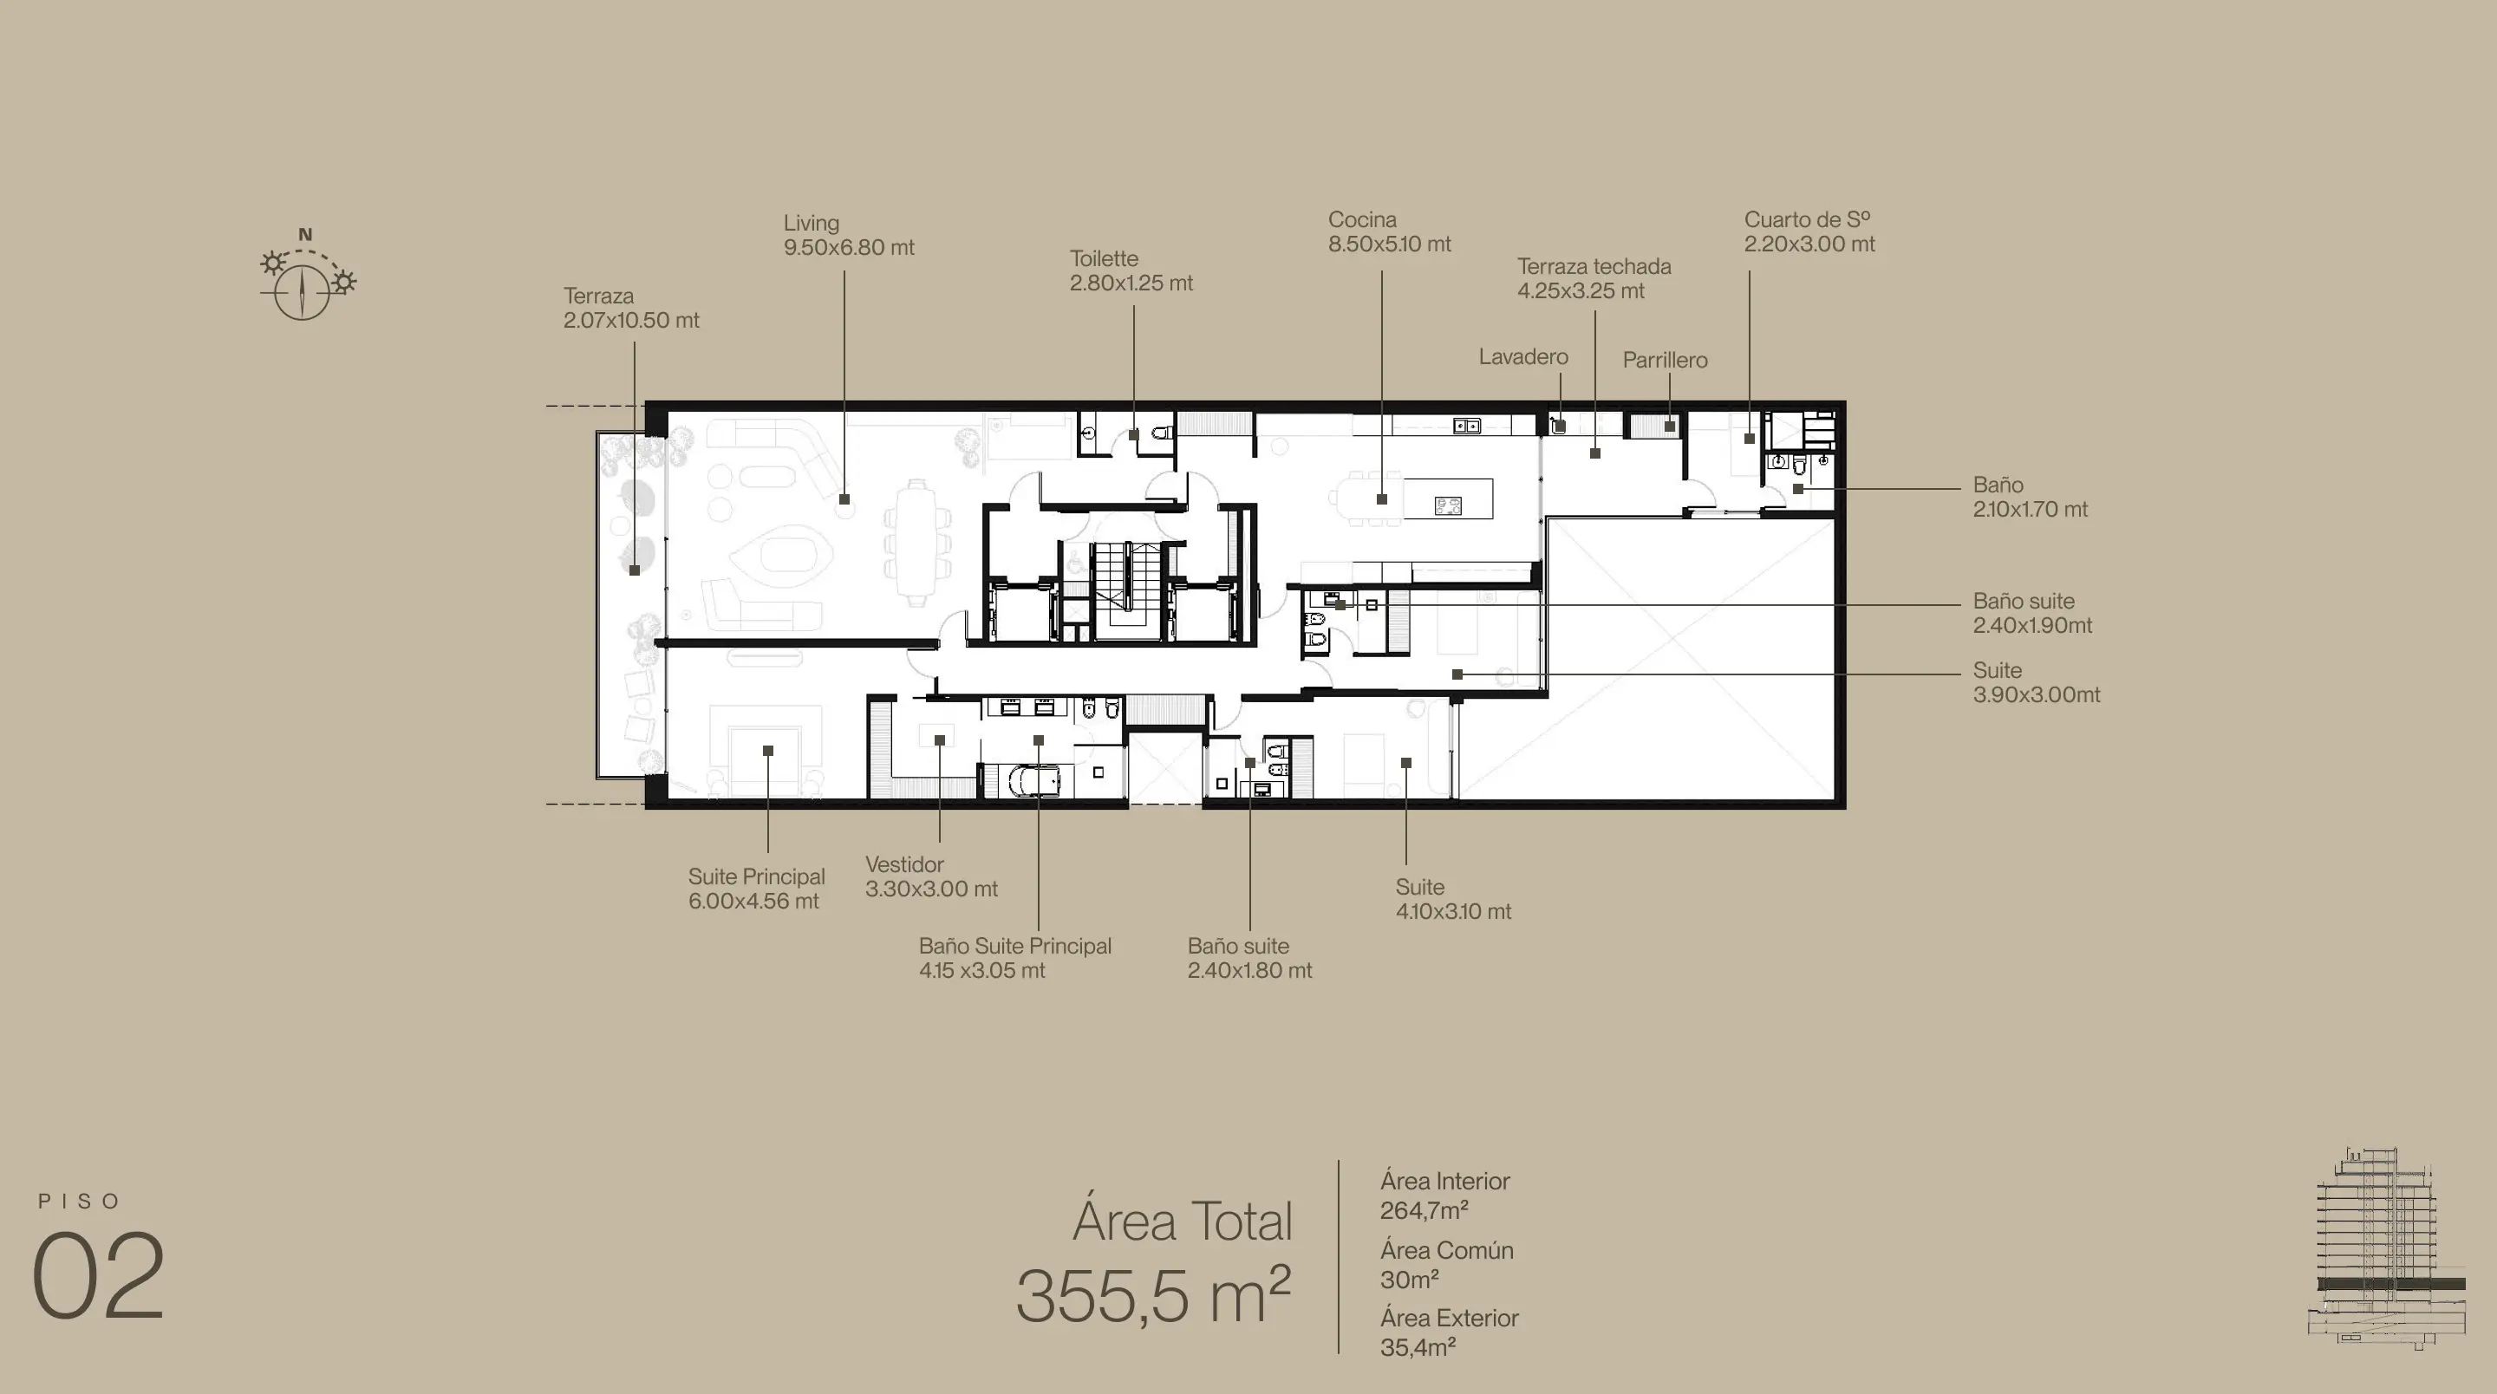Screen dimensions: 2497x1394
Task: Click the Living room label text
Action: pyautogui.click(x=812, y=223)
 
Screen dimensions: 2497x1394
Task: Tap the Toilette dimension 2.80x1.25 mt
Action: pyautogui.click(x=1131, y=283)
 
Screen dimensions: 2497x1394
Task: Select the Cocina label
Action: pyautogui.click(x=1362, y=220)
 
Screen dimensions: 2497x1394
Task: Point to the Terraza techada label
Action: pyautogui.click(x=1594, y=267)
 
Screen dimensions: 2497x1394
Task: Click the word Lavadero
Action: pyautogui.click(x=1522, y=357)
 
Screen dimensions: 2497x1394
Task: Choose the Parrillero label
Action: pyautogui.click(x=1665, y=361)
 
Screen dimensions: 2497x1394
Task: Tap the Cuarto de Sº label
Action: pyautogui.click(x=1807, y=220)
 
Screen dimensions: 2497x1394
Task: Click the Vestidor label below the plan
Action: pyautogui.click(x=904, y=864)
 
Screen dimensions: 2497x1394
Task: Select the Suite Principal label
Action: pyautogui.click(x=756, y=877)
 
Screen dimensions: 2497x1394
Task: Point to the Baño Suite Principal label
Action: pyautogui.click(x=1015, y=946)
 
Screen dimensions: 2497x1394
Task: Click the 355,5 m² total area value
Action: pyautogui.click(x=1153, y=1295)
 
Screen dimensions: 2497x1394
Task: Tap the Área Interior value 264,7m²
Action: pyautogui.click(x=1424, y=1211)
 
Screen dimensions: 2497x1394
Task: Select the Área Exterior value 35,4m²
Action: pyautogui.click(x=1418, y=1347)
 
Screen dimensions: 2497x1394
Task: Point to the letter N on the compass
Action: pyautogui.click(x=305, y=235)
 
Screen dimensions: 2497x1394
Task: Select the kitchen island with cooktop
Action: pyautogui.click(x=1447, y=499)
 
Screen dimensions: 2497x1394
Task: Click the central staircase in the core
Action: pyautogui.click(x=1126, y=590)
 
